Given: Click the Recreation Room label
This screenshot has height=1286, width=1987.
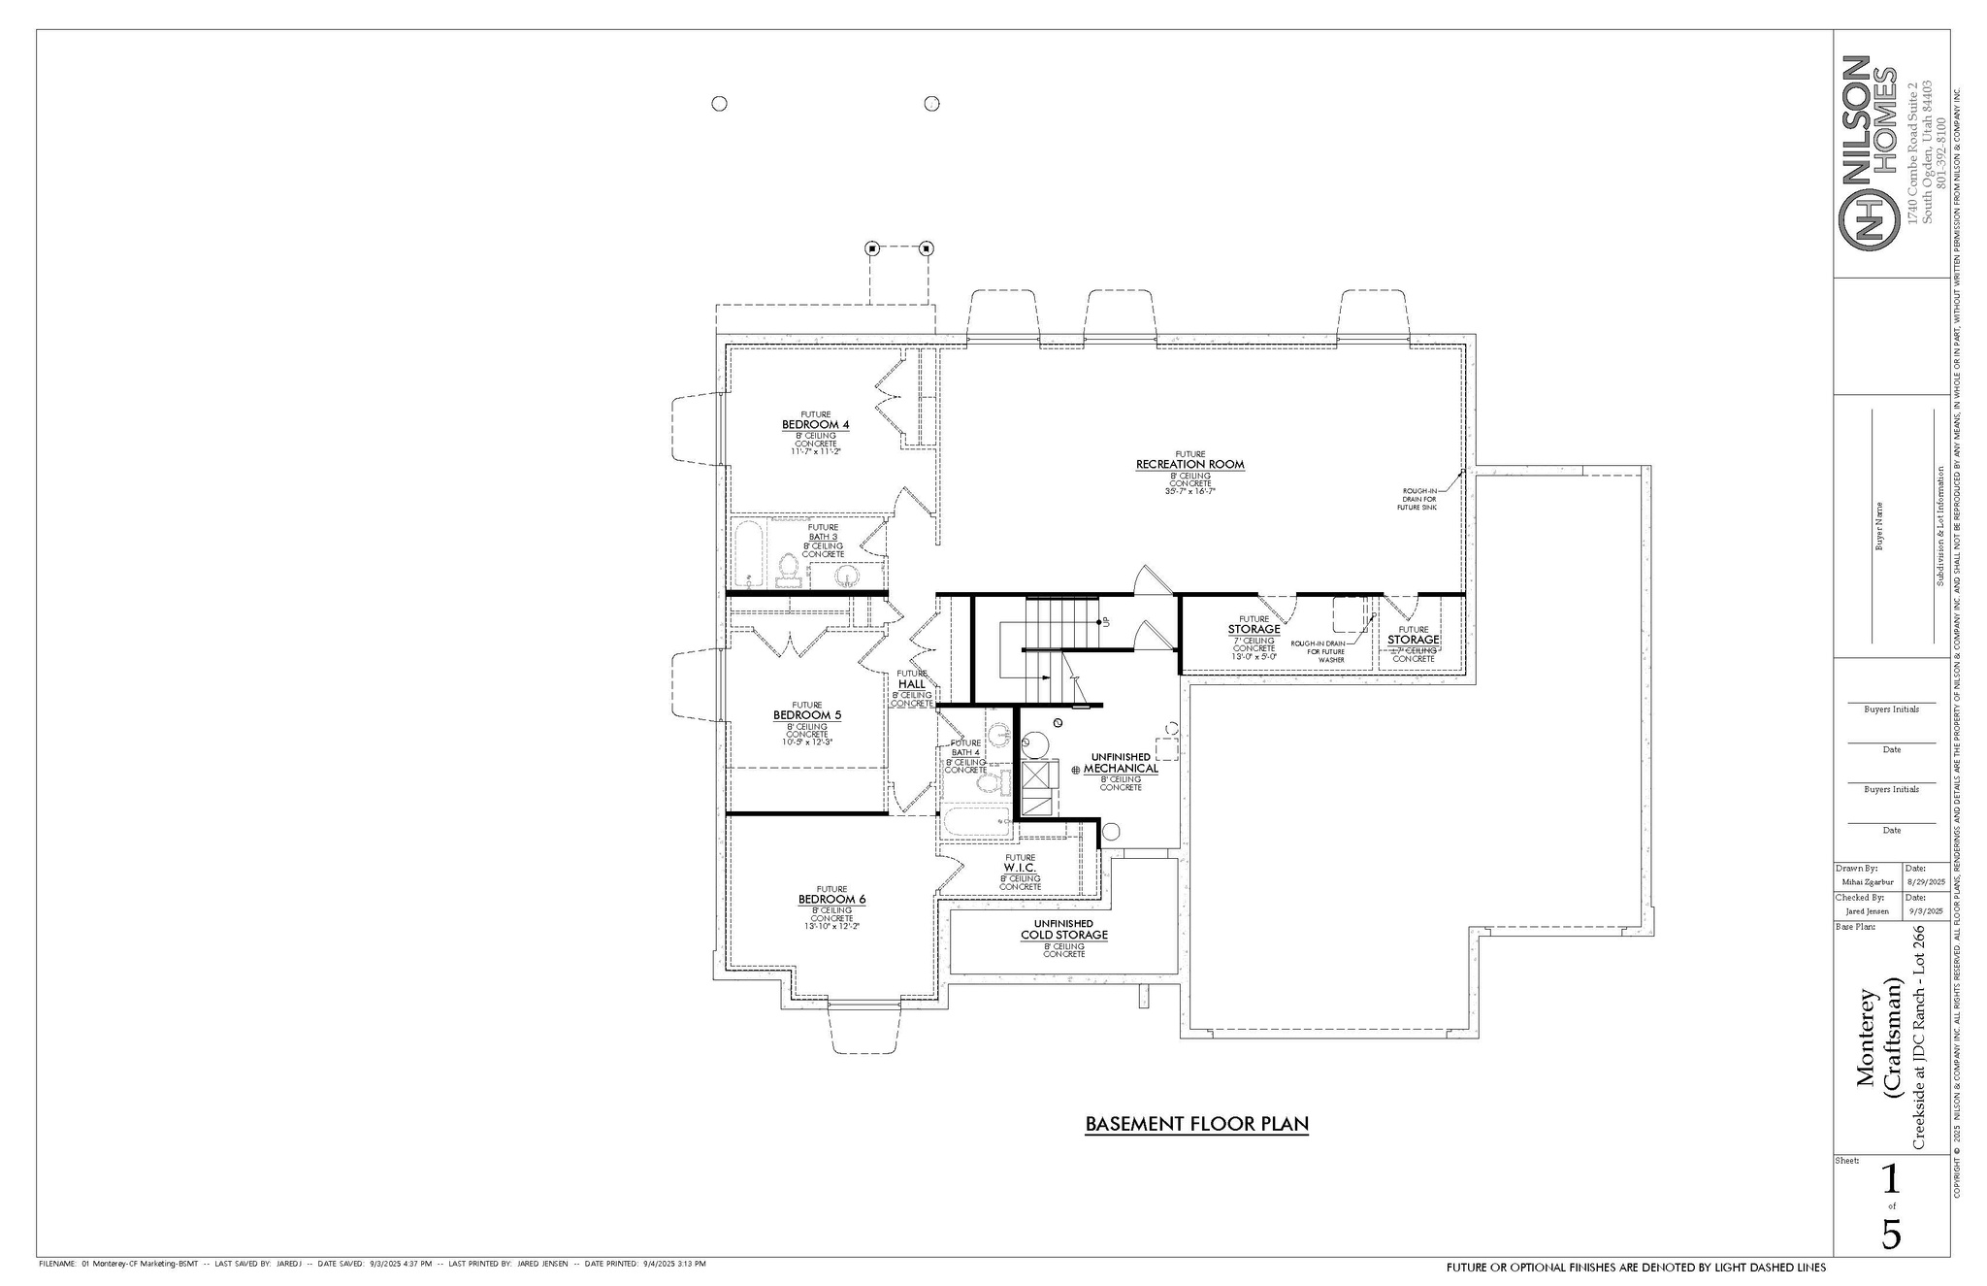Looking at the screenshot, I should click(1189, 465).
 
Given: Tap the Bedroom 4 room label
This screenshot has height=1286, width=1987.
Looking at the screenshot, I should click(815, 425).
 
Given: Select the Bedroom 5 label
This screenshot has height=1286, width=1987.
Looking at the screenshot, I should click(807, 715).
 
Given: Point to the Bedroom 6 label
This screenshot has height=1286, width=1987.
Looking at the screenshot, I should click(831, 900).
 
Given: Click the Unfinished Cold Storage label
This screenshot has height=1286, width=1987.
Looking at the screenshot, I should click(1063, 935).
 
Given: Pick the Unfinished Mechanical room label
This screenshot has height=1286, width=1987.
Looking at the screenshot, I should click(1121, 768).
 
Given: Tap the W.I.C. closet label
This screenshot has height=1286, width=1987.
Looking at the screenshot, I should click(1020, 868).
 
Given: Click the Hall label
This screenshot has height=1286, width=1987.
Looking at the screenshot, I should click(911, 684).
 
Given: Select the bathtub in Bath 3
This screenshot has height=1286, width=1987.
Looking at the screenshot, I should click(749, 554).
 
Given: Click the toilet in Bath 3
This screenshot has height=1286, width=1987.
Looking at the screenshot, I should click(788, 568).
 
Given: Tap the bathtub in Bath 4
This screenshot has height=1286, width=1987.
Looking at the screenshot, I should click(976, 823).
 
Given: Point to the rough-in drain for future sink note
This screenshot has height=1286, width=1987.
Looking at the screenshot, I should click(1418, 499).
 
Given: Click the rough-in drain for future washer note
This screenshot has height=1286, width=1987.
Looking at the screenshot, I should click(1318, 651).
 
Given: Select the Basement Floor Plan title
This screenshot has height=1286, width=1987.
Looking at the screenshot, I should click(1196, 1124).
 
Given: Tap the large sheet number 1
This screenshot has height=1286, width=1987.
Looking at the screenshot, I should click(1890, 1179).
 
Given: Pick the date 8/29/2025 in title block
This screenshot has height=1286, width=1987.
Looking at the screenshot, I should click(1925, 882).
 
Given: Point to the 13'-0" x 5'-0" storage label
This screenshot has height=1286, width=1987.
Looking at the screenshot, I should click(1254, 656).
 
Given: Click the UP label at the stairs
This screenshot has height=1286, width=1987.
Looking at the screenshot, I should click(1105, 621).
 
